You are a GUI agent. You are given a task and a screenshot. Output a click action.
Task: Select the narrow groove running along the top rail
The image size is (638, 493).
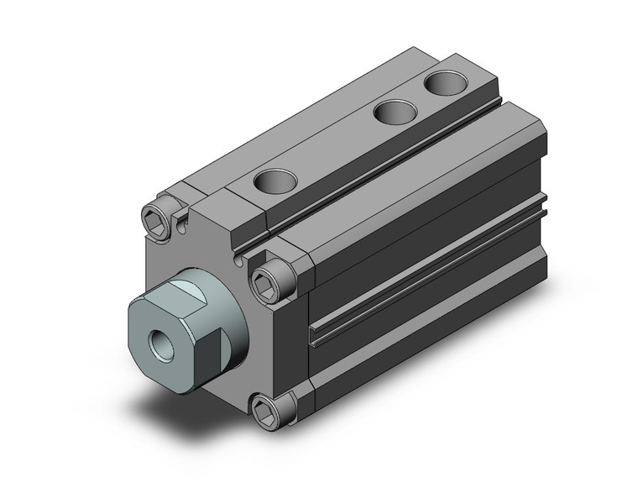369,181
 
